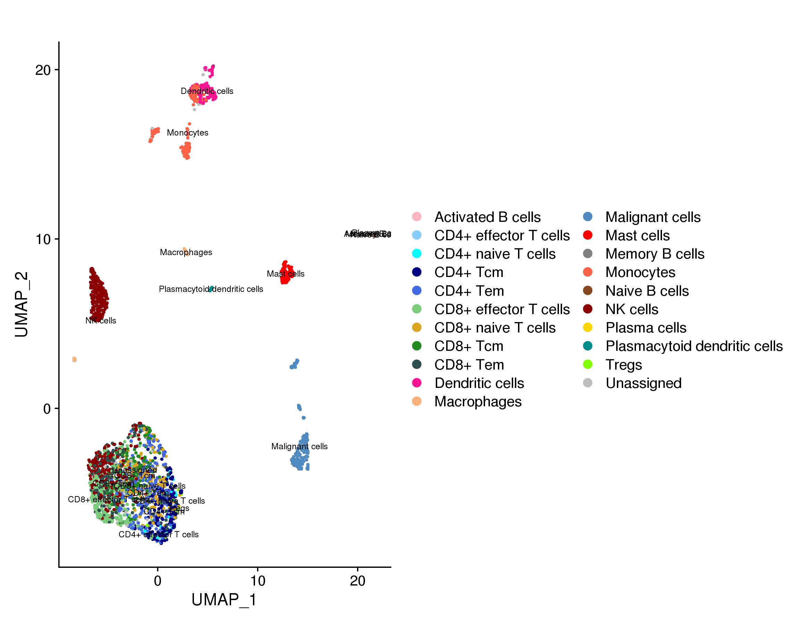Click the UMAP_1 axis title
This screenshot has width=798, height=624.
pos(224,600)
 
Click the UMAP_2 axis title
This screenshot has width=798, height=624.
pos(22,304)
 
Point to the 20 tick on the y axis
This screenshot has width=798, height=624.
pos(43,70)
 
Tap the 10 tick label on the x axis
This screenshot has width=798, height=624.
pos(258,581)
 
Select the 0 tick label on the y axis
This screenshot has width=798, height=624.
pos(47,408)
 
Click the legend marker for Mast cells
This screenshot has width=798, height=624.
pos(587,235)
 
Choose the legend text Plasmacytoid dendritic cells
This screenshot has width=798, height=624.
pos(694,346)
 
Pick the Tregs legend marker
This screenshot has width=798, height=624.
pos(587,365)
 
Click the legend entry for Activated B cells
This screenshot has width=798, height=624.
pos(487,217)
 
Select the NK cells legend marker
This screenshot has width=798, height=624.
pos(587,309)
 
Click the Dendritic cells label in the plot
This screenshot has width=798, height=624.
pos(207,91)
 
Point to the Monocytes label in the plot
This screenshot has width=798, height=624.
pos(187,133)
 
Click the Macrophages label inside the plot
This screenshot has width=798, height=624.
pos(186,252)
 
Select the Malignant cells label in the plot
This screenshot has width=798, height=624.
pos(299,446)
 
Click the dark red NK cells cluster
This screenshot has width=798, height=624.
pos(98,296)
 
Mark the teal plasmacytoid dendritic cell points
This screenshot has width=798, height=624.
pos(211,289)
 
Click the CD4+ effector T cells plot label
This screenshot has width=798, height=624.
pos(158,534)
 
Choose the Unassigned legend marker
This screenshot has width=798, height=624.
pos(587,383)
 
